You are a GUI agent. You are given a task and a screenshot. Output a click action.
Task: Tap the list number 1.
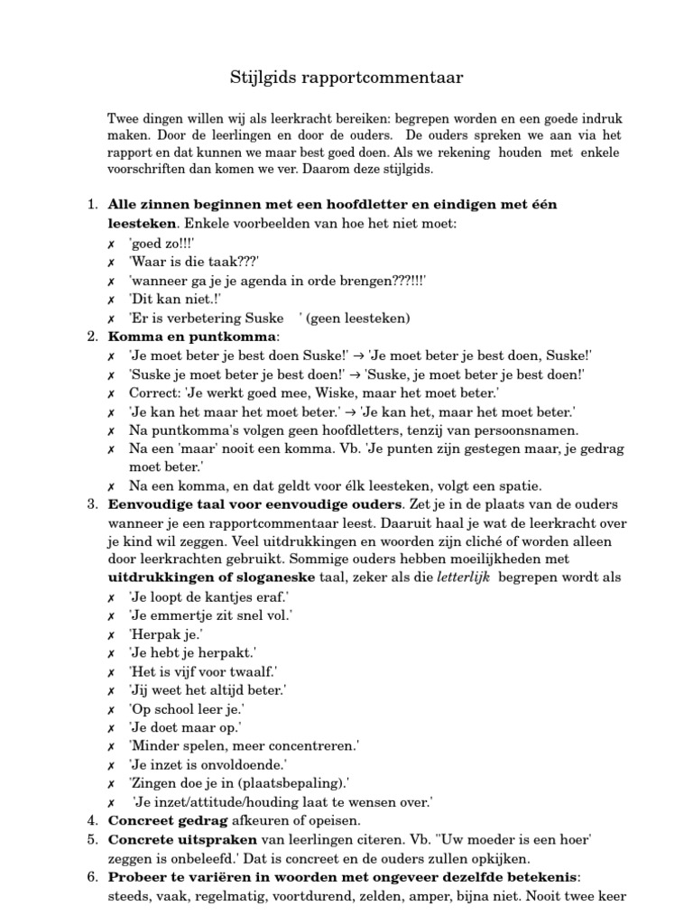pos(93,205)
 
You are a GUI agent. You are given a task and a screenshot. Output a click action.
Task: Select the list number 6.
pos(93,877)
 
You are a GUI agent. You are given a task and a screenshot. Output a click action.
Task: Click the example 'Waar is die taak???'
pos(194,262)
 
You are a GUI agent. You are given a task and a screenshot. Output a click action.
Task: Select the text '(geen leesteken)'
pos(359,318)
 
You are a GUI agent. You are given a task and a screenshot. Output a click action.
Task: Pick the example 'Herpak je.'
pos(165,633)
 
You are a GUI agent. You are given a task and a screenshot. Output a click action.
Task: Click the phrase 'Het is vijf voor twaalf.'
pos(203,671)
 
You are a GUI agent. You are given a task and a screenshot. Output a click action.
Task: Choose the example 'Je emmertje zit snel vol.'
pos(210,615)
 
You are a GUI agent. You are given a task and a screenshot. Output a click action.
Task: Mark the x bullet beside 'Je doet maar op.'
pos(110,727)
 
